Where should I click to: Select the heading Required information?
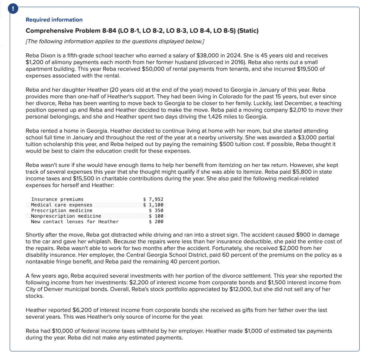click(x=54, y=20)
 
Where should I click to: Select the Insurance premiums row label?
click(x=57, y=199)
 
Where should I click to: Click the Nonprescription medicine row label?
click(x=66, y=216)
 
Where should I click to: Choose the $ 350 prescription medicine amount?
click(x=156, y=211)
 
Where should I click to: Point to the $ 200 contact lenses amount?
click(x=156, y=222)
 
